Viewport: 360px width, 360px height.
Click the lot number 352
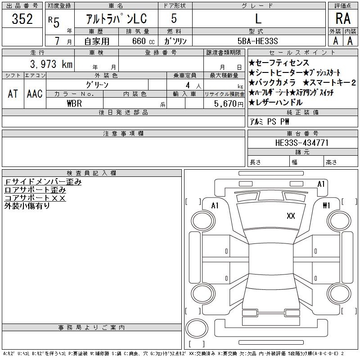coord(22,19)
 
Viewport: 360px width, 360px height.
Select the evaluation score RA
coord(343,19)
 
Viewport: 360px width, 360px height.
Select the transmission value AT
coord(13,94)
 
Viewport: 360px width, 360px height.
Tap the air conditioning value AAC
coord(35,94)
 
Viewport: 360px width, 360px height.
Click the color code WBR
coord(74,103)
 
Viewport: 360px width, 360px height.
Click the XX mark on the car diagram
coord(291,216)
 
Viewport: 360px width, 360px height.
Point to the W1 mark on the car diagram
coord(326,206)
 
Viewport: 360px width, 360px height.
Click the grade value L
coord(258,19)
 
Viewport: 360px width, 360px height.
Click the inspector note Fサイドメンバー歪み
coord(43,182)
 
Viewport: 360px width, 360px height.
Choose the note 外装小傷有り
coord(27,206)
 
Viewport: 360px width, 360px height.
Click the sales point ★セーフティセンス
coord(279,63)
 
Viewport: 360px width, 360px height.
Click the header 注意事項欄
coord(123,134)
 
